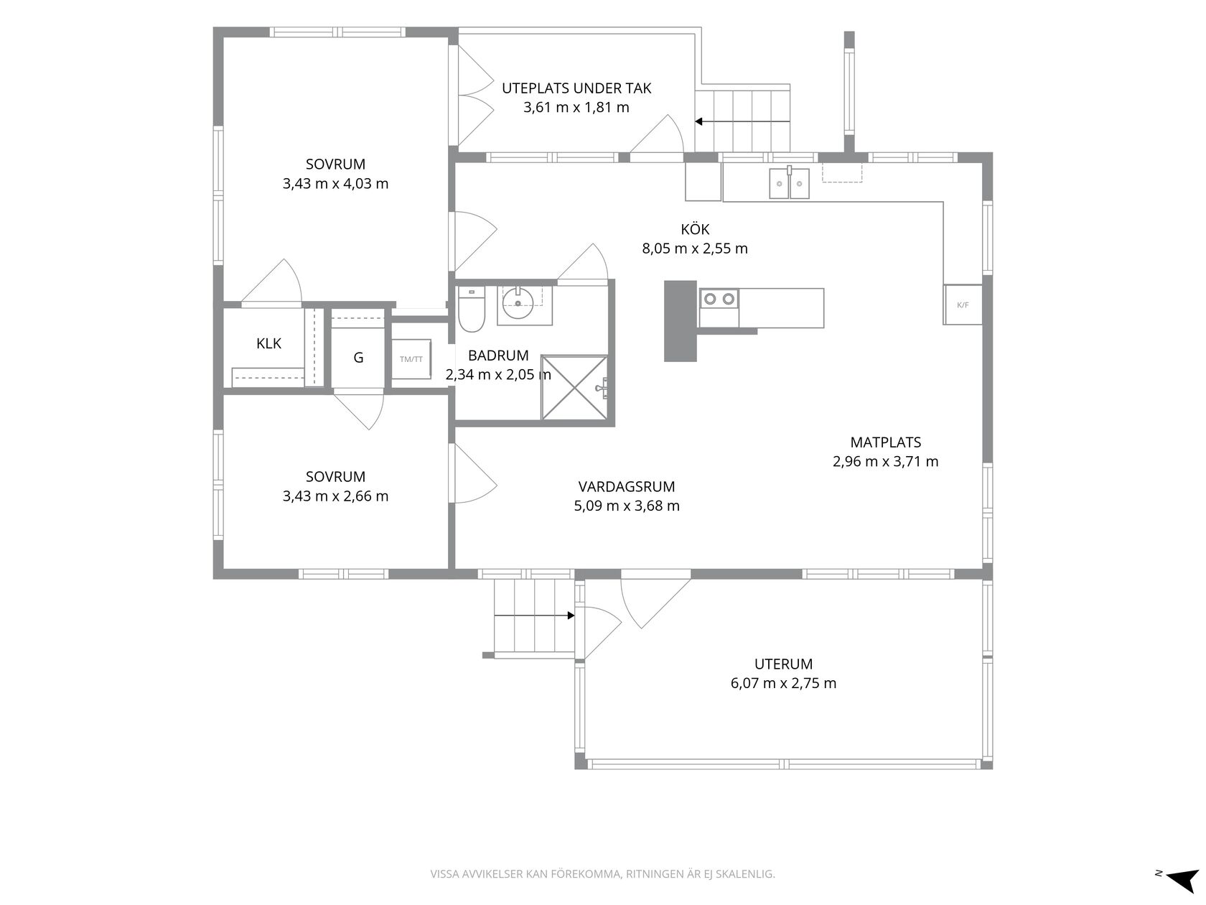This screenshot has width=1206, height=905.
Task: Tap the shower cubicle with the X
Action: pos(575,387)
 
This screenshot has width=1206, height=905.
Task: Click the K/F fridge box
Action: pos(963,305)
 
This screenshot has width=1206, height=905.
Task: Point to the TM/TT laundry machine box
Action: pos(411,359)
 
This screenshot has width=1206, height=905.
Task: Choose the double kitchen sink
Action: pos(789,184)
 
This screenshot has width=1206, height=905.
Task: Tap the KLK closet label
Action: pos(268,343)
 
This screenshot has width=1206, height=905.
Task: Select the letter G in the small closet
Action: pos(358,358)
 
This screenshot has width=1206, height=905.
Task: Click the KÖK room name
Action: pos(695,229)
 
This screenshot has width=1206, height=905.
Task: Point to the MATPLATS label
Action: pos(886,442)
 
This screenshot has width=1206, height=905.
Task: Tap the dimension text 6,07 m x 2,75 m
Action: pos(783,683)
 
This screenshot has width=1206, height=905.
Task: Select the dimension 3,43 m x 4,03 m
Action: pos(336,184)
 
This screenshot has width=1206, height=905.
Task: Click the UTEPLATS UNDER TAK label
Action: pos(576,88)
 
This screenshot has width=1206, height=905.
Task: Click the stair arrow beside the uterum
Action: pos(535,616)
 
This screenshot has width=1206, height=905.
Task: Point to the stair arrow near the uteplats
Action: pos(742,121)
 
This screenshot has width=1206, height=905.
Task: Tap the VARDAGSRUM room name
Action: pos(627,486)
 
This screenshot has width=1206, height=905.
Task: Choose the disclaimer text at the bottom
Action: pos(603,873)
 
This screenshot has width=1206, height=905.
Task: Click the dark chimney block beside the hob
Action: pos(681,321)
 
